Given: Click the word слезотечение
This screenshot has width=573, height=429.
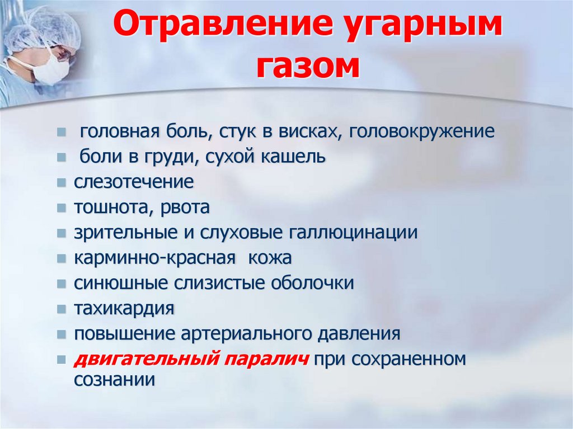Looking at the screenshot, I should tap(134, 182).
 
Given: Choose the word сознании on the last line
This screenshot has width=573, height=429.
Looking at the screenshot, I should tap(114, 380).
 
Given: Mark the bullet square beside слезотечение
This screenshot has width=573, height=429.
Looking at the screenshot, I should tap(62, 183).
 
